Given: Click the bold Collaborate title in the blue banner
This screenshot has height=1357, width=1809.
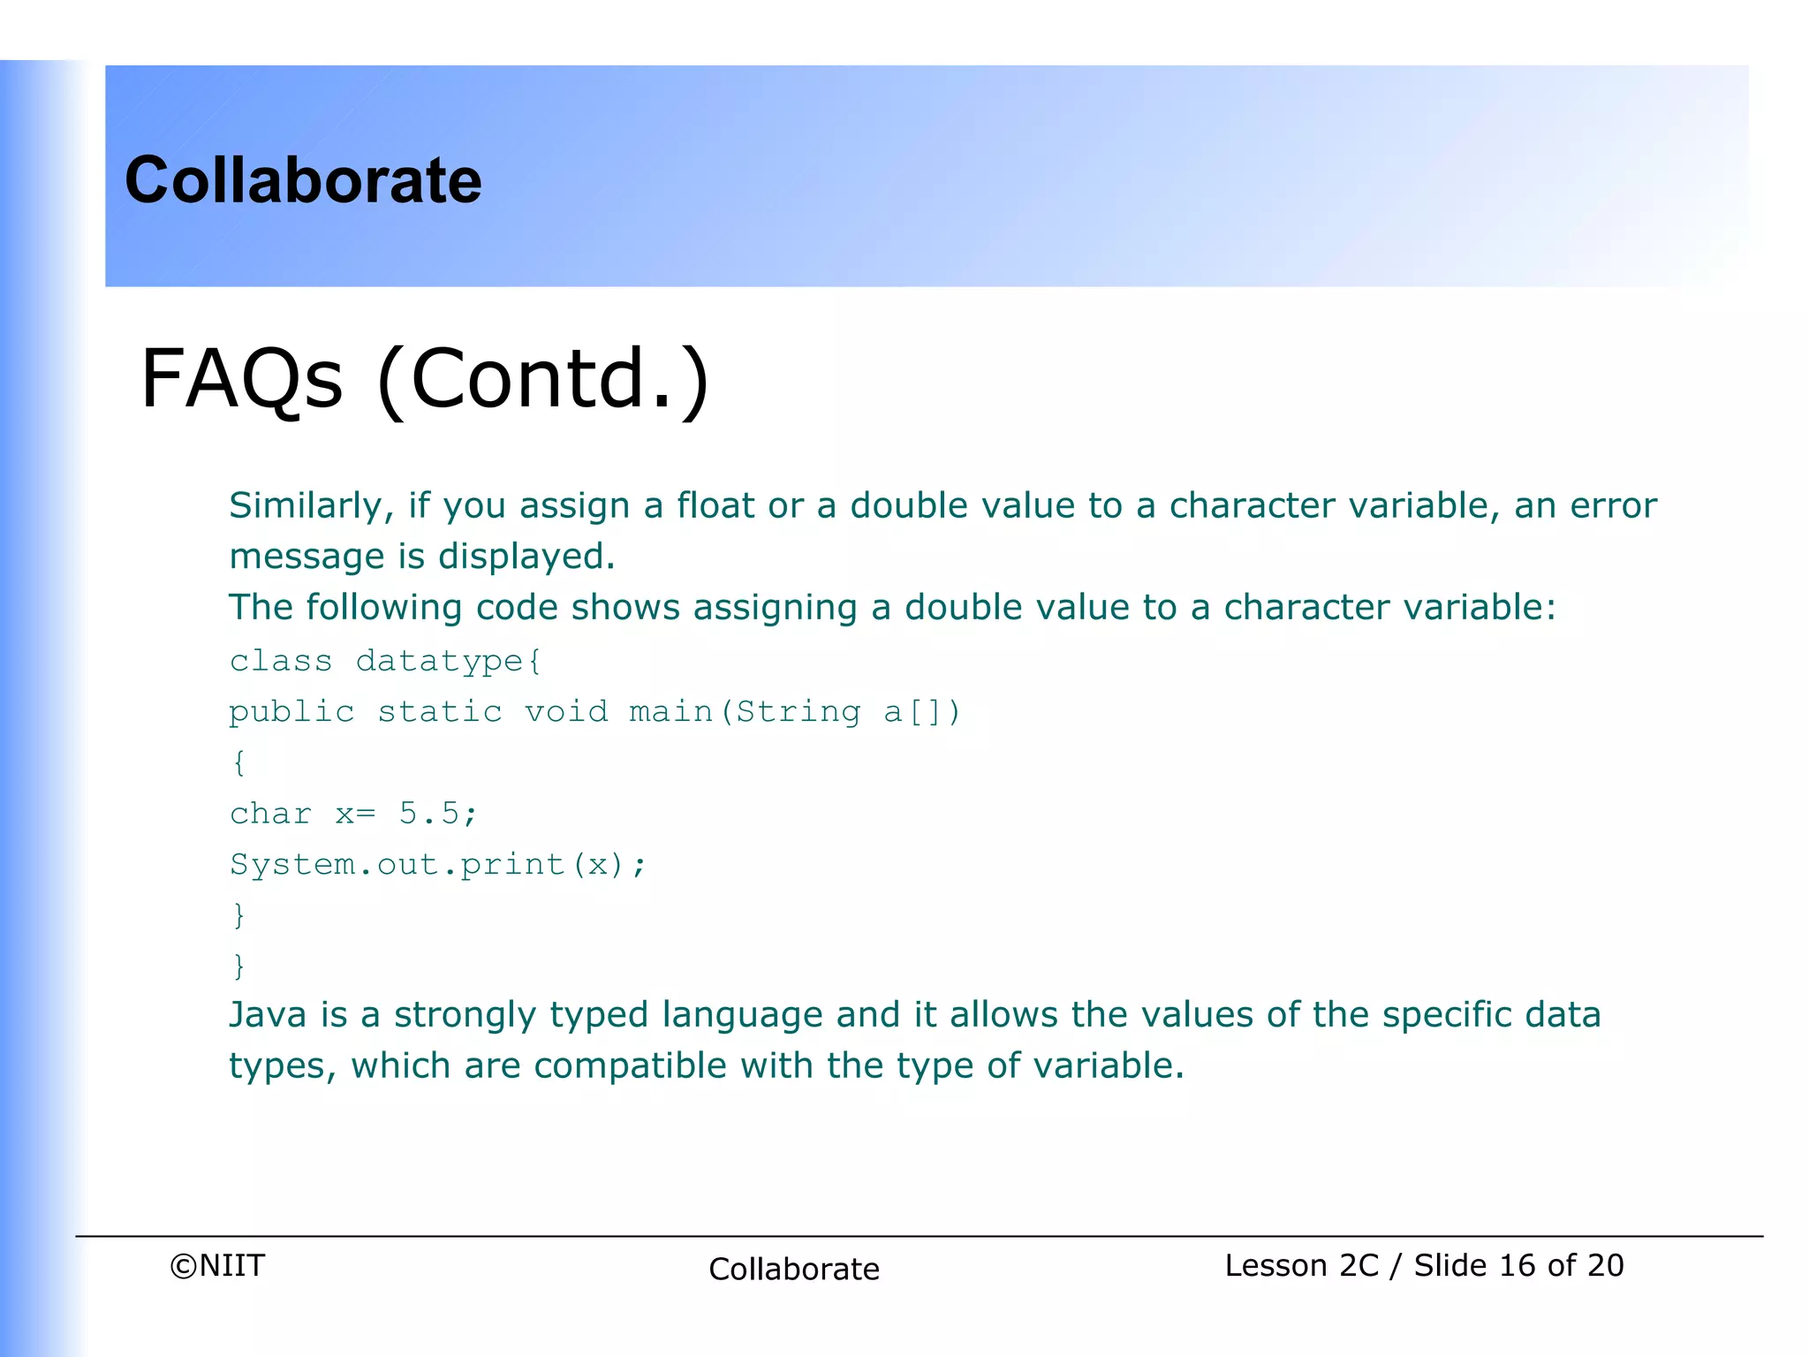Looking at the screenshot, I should pyautogui.click(x=303, y=180).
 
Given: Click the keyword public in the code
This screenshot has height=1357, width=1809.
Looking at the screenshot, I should pyautogui.click(x=291, y=712).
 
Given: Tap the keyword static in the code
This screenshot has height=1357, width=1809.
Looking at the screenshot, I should pyautogui.click(x=440, y=712).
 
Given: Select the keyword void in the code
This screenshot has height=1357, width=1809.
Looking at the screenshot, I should pyautogui.click(x=566, y=712).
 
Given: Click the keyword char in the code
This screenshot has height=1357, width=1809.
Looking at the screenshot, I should pyautogui.click(x=270, y=814).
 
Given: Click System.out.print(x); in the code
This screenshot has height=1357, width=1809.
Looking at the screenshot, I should pyautogui.click(x=438, y=865).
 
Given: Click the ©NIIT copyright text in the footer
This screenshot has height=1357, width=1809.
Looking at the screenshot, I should pyautogui.click(x=217, y=1266).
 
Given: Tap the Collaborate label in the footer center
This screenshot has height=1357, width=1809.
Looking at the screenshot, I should pyautogui.click(x=794, y=1270).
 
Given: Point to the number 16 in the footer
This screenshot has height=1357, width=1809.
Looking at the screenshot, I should pyautogui.click(x=1518, y=1266).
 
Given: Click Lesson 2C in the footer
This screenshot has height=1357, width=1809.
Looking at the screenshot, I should pyautogui.click(x=1301, y=1266).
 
